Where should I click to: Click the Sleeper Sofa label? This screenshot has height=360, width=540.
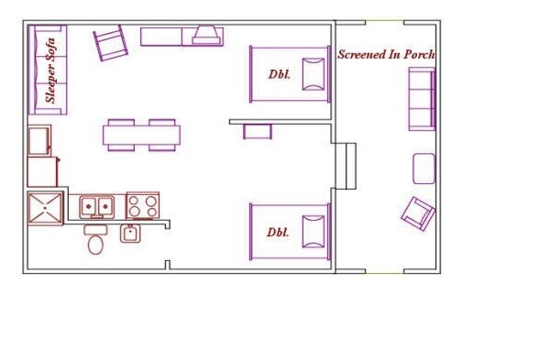(x=50, y=71)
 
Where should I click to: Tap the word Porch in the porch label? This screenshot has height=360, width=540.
(x=419, y=54)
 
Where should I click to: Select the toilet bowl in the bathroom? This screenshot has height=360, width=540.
(x=95, y=245)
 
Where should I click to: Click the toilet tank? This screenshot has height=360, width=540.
(x=95, y=230)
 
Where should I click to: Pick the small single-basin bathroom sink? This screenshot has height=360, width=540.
(x=130, y=234)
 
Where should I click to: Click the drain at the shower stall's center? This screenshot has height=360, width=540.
(x=45, y=208)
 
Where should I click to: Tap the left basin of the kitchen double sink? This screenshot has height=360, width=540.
(x=89, y=206)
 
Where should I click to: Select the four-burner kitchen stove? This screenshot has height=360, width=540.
(x=143, y=206)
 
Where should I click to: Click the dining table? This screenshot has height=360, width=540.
(x=141, y=136)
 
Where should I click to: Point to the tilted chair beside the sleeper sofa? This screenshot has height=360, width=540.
(x=111, y=43)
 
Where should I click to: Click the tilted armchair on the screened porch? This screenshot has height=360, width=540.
(x=418, y=213)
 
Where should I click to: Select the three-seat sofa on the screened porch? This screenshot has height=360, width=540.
(x=422, y=99)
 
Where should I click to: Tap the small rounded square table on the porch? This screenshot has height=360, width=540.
(x=424, y=169)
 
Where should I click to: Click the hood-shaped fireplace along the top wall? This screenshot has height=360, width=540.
(x=206, y=35)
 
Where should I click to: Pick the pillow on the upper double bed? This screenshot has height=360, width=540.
(x=314, y=75)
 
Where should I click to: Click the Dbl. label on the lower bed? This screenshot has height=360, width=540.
(x=278, y=233)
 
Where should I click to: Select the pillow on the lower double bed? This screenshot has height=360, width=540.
(x=314, y=232)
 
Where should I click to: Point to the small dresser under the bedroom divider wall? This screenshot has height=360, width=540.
(x=258, y=132)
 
